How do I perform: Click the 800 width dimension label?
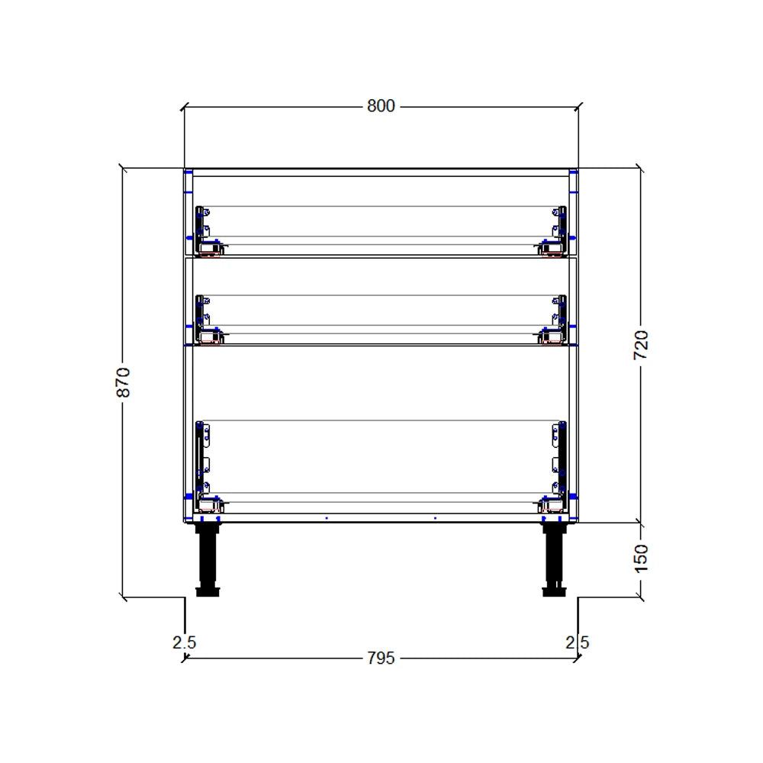click(381, 106)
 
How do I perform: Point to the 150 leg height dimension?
click(641, 559)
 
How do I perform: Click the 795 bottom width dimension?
click(381, 658)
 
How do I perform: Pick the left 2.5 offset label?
click(184, 642)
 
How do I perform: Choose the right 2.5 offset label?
click(578, 642)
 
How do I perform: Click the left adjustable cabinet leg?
click(208, 557)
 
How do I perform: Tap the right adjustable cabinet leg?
click(554, 557)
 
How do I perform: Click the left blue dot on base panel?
click(327, 518)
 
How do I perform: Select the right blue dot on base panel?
click(435, 518)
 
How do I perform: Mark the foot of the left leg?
click(208, 591)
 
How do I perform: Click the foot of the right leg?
click(554, 591)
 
